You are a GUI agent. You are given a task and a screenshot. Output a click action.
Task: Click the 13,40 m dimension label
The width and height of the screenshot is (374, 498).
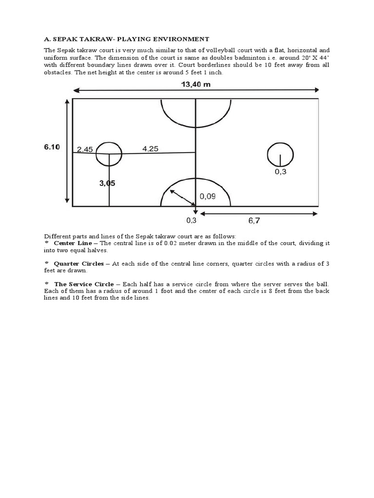(x=196, y=84)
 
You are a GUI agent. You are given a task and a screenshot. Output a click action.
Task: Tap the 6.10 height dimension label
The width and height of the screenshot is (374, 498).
(x=52, y=148)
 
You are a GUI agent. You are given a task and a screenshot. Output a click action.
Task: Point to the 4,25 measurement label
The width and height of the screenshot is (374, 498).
(x=150, y=149)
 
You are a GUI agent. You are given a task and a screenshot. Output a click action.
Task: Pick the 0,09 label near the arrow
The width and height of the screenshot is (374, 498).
(x=208, y=196)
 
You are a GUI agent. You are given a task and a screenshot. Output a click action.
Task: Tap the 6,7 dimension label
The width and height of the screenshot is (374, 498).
(x=254, y=220)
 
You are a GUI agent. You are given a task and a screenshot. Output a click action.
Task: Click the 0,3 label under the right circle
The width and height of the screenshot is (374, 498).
(x=280, y=172)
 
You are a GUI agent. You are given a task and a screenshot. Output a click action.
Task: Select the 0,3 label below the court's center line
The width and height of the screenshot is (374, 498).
(x=191, y=220)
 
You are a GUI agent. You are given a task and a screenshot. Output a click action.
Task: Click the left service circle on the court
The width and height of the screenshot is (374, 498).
(x=109, y=154)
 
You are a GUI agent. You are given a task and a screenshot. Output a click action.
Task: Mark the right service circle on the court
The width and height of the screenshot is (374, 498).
(x=280, y=154)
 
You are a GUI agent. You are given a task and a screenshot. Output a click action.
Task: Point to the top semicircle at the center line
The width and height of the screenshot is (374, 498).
(x=196, y=113)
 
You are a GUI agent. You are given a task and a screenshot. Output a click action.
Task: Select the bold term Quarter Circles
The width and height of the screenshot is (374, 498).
(x=78, y=264)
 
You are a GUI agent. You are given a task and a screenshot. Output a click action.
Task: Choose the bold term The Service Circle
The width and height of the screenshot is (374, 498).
(x=84, y=284)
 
